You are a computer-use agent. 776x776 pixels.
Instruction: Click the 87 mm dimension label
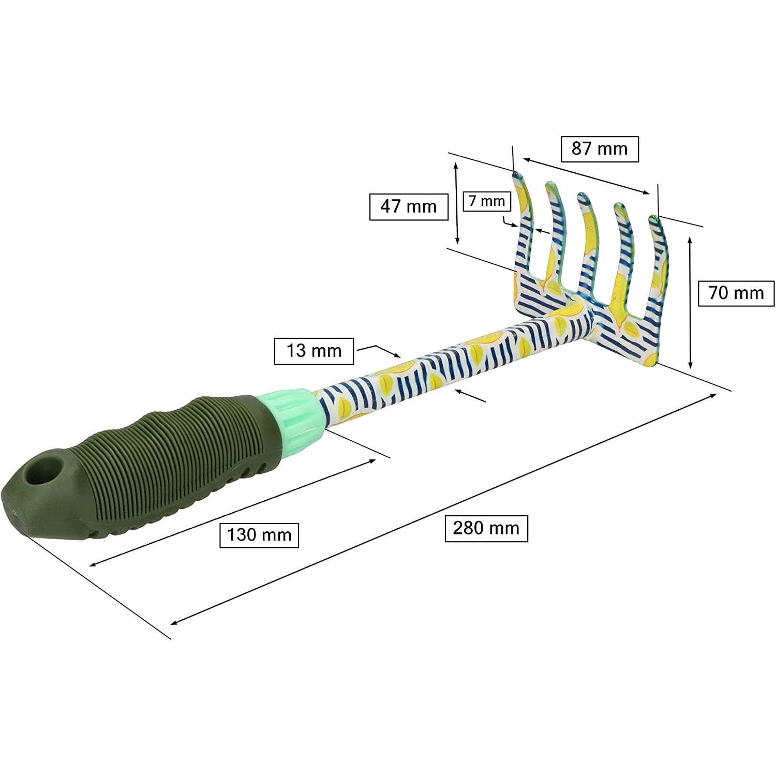(x=600, y=149)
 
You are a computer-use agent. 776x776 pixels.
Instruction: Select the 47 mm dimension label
(x=409, y=206)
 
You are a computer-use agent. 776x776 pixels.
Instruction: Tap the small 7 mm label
(x=487, y=201)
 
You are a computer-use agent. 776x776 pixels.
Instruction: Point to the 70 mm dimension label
(x=736, y=293)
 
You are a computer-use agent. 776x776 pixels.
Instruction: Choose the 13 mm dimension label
(x=314, y=351)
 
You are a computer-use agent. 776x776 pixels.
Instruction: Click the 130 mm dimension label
(x=259, y=534)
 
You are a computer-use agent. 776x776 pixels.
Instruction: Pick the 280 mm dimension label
(x=486, y=528)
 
